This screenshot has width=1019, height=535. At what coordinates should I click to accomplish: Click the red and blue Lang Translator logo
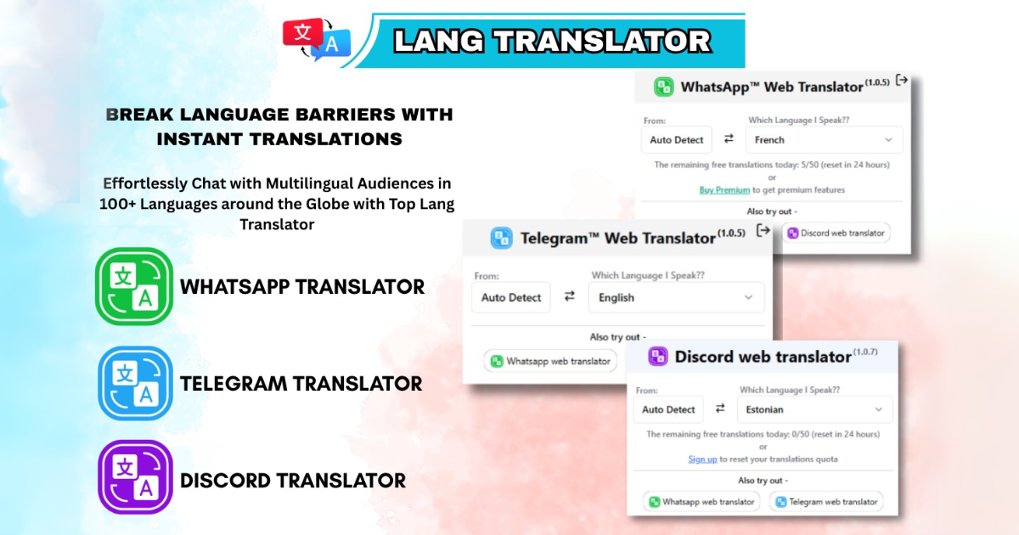pos(317,39)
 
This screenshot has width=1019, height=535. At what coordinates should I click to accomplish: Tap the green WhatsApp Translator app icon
pos(134,286)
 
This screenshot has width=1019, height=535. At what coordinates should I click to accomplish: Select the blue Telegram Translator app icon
pos(135,383)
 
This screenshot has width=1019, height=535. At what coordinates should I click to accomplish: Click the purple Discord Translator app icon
pos(135,476)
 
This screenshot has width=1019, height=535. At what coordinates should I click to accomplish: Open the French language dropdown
pos(824,139)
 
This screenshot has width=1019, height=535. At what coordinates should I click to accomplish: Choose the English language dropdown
pos(677,297)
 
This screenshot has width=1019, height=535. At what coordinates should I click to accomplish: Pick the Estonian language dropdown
pos(814,409)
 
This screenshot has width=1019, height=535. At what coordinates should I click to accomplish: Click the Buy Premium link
pos(724,189)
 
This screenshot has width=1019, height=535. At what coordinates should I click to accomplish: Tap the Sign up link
pos(702,459)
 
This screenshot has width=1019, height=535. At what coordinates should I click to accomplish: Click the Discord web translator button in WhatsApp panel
pos(836,233)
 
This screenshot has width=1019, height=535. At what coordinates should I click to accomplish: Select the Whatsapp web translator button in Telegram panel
pos(550,361)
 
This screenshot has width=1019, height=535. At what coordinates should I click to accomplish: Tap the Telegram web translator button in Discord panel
pos(826,502)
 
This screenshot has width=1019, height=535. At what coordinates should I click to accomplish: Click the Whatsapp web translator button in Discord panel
pos(701,502)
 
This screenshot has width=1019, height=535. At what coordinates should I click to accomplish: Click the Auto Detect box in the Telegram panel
pos(511,297)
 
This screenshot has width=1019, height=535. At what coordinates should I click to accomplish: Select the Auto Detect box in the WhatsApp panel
pos(677,139)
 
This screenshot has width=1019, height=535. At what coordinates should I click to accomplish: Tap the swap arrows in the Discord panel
pos(720,408)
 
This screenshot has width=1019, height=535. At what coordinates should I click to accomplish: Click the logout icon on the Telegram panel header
pos(763,231)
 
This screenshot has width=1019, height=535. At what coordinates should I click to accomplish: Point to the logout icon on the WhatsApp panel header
pos(902,81)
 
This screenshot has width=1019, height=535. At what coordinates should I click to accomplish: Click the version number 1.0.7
pos(865,352)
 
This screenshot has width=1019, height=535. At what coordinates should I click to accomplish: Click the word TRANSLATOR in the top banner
pos(603,41)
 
